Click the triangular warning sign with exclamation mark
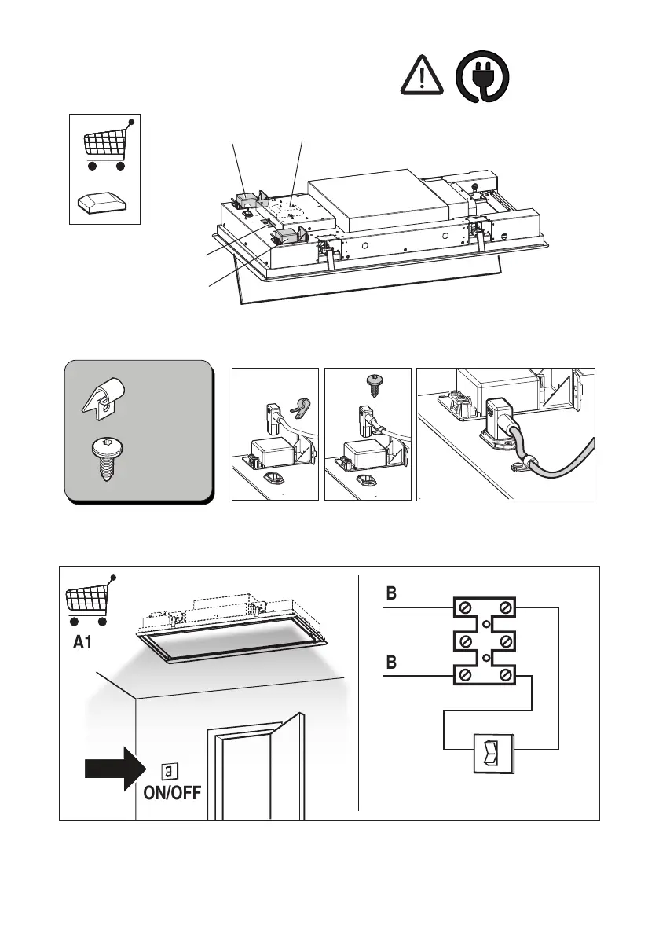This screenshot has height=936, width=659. tap(421, 77)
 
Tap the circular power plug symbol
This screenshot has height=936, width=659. tap(481, 76)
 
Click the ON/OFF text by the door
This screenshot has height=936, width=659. tap(171, 792)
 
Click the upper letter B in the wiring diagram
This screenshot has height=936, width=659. tap(392, 595)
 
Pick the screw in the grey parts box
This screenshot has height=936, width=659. tap(102, 463)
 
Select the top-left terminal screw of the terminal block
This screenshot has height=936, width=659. tap(466, 607)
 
